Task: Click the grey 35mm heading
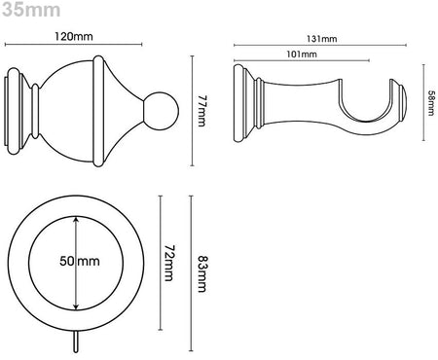31,10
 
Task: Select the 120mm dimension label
74,36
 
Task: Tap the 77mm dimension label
201,111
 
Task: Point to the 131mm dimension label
322,39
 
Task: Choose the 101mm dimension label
302,54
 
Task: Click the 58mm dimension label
431,103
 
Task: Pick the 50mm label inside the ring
80,261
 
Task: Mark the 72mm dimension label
168,263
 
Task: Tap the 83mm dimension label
202,274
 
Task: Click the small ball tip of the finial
162,111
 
